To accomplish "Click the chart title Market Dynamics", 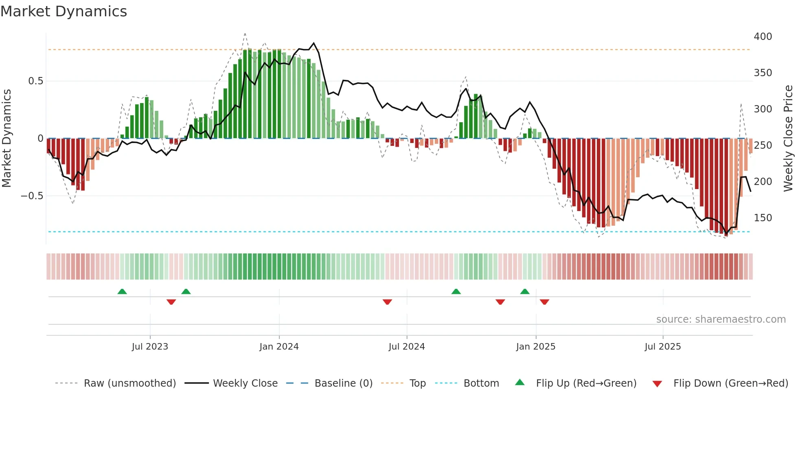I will pyautogui.click(x=64, y=11).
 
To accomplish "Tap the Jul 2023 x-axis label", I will pyautogui.click(x=150, y=347).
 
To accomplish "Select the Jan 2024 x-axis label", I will pyautogui.click(x=279, y=347).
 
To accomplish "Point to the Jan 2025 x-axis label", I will pyautogui.click(x=535, y=347).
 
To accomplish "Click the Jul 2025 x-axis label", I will pyautogui.click(x=662, y=347).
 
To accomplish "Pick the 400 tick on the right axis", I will pyautogui.click(x=763, y=37).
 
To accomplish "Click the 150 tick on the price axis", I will pyautogui.click(x=763, y=218).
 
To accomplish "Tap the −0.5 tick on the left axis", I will pyautogui.click(x=32, y=196).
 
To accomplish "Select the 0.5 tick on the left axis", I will pyautogui.click(x=35, y=81).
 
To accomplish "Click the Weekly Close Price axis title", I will pyautogui.click(x=788, y=139).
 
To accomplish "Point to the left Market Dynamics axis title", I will pyautogui.click(x=7, y=139).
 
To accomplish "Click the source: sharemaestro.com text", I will pyautogui.click(x=721, y=319).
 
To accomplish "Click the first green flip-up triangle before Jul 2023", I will pyautogui.click(x=122, y=291).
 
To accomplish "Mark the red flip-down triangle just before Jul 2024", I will pyautogui.click(x=387, y=302).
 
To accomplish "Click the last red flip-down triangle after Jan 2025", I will pyautogui.click(x=544, y=302).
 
